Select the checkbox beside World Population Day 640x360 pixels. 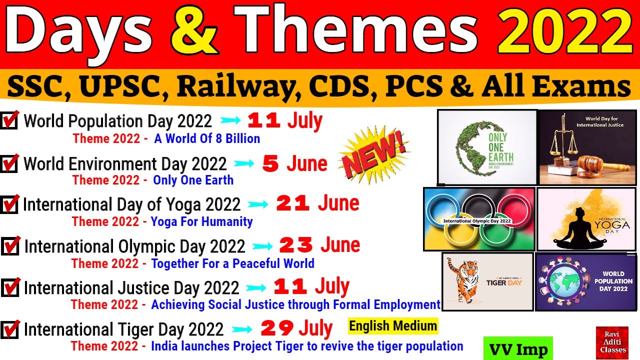point(9,121)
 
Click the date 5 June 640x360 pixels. point(295,164)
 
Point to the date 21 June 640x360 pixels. point(317,204)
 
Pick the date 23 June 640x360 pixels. point(319,245)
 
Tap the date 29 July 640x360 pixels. point(296,328)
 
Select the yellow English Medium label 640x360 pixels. point(393,326)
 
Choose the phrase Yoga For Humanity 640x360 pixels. point(201,221)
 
